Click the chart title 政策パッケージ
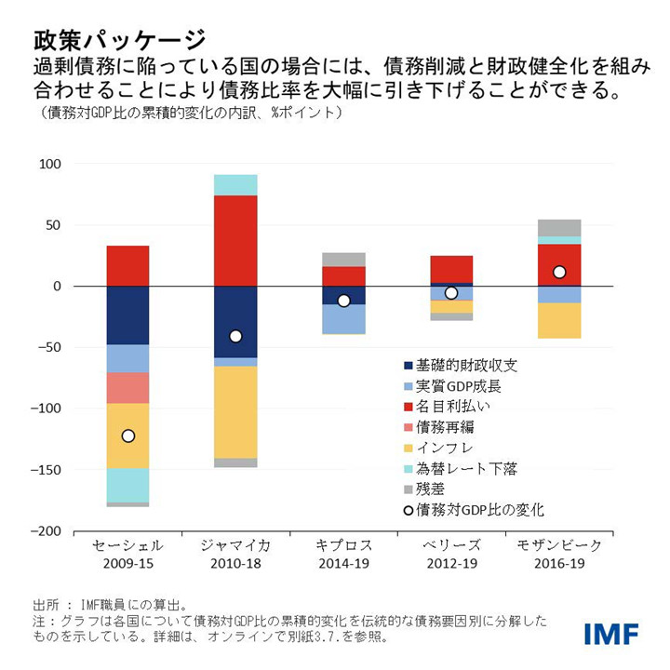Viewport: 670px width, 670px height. click(x=119, y=39)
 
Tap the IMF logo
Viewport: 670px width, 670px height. click(x=611, y=635)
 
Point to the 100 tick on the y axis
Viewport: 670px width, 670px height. click(x=48, y=164)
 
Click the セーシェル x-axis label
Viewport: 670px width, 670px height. click(x=128, y=545)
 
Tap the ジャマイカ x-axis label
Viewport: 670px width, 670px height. click(x=235, y=545)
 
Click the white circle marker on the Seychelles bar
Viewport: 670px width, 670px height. click(x=128, y=435)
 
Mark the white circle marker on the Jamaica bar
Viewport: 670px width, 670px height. click(x=235, y=336)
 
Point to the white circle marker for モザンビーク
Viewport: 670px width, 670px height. click(x=558, y=272)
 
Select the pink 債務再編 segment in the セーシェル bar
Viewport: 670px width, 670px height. click(x=128, y=387)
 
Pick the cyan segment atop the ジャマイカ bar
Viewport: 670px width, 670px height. click(x=235, y=184)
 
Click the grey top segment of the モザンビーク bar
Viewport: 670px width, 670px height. click(x=558, y=227)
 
